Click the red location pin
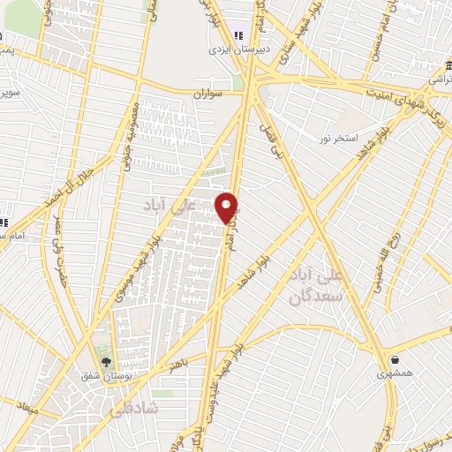tap(228, 207)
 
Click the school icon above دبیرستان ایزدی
tap(237, 34)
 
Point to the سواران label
tap(209, 91)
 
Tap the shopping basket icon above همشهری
tap(395, 360)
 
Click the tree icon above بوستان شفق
tap(106, 361)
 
